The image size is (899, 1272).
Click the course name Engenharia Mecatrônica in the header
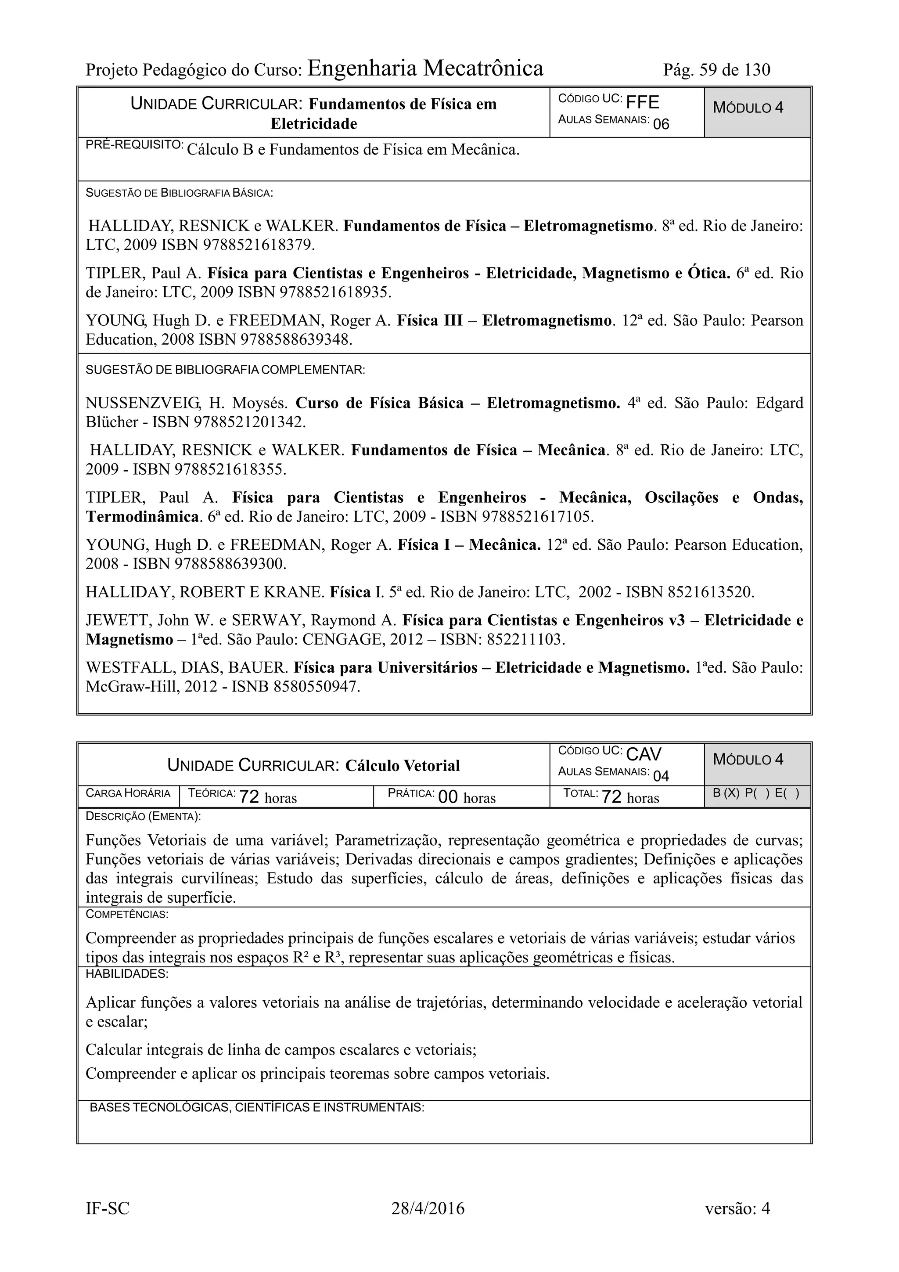pos(425,68)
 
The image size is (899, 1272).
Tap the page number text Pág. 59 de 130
pos(716,70)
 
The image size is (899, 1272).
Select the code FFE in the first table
pos(643,102)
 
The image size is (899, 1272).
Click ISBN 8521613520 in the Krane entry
pos(711,592)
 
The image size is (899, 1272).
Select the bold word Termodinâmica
pos(142,517)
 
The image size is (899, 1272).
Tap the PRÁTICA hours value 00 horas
pos(466,797)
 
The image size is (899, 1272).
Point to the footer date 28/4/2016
pos(428,1208)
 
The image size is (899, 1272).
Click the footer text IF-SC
pos(108,1208)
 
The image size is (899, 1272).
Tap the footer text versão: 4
pos(737,1208)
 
